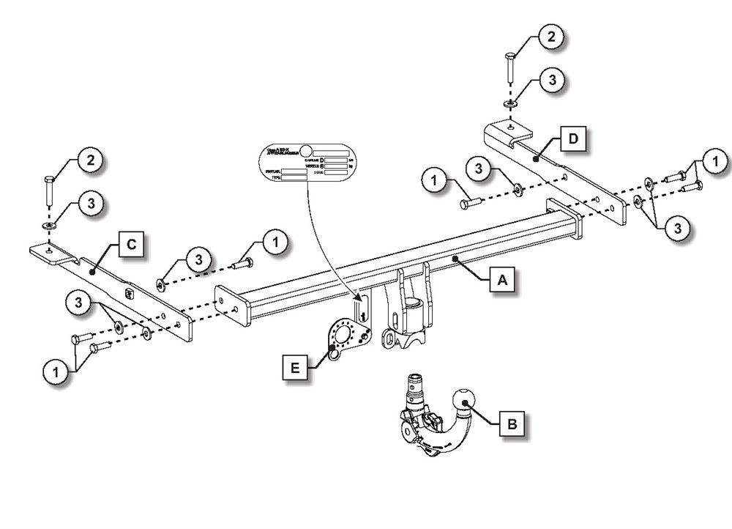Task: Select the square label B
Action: coord(512,423)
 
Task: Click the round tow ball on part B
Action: coord(465,401)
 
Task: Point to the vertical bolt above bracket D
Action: coord(510,69)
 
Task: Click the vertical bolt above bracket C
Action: coord(49,192)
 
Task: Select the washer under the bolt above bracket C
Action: coord(49,226)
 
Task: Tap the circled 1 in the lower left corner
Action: coord(54,372)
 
